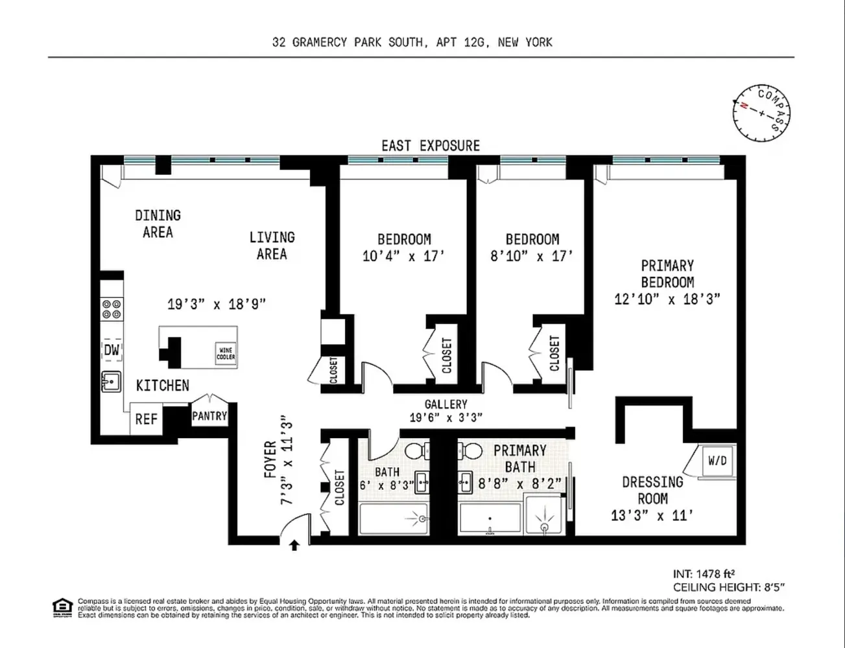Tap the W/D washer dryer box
(717, 461)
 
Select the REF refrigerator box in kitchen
(146, 419)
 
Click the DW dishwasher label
(112, 351)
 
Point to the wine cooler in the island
(226, 353)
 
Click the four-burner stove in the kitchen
(112, 308)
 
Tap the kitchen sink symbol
(112, 382)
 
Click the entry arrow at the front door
(294, 546)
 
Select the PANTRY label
(209, 416)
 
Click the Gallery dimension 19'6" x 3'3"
(446, 418)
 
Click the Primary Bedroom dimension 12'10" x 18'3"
(667, 299)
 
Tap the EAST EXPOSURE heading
(431, 146)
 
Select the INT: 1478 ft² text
(704, 573)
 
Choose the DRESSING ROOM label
(652, 491)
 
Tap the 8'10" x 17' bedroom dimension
(532, 257)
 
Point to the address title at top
(412, 42)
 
